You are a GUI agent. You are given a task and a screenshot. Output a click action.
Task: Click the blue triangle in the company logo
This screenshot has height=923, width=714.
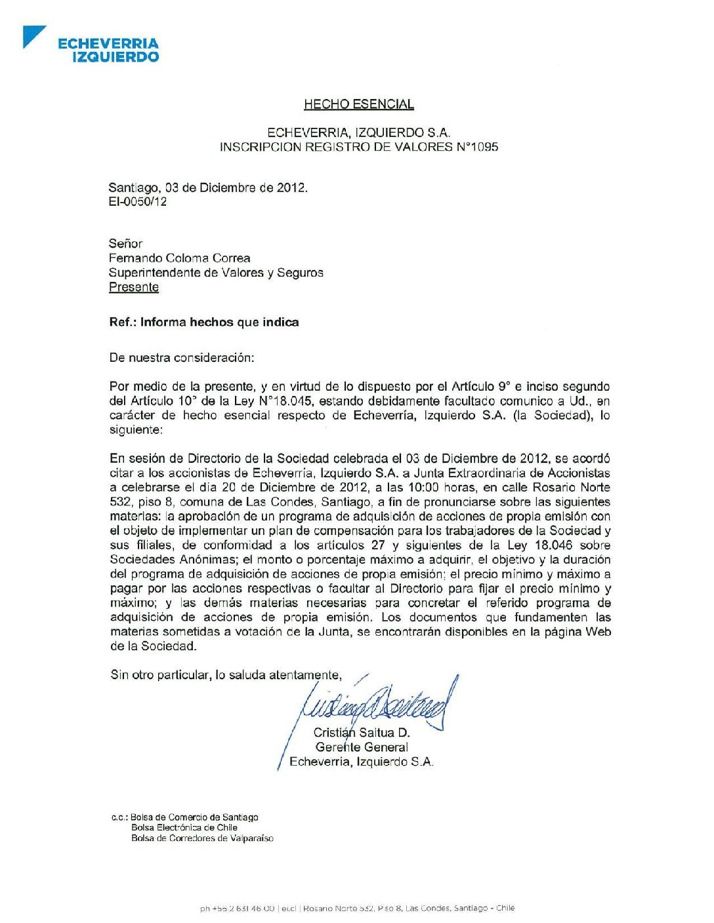pyautogui.click(x=32, y=35)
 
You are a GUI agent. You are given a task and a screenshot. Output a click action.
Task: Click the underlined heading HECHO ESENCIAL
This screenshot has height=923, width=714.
pyautogui.click(x=358, y=104)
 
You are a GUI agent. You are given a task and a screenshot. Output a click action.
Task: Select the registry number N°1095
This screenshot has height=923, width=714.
pyautogui.click(x=477, y=147)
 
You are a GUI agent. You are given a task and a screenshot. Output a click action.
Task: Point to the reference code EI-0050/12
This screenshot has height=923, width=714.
pyautogui.click(x=138, y=202)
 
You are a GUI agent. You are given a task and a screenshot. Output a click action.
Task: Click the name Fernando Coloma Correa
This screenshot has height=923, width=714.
pyautogui.click(x=179, y=258)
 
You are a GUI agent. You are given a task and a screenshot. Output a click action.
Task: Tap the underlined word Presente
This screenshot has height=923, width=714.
pyautogui.click(x=134, y=287)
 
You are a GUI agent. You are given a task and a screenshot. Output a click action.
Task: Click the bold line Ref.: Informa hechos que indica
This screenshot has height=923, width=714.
pyautogui.click(x=203, y=323)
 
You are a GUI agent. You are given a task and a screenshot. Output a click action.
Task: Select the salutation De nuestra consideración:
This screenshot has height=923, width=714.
pyautogui.click(x=181, y=358)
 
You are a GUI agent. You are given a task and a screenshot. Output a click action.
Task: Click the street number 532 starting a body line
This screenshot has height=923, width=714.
pyautogui.click(x=121, y=502)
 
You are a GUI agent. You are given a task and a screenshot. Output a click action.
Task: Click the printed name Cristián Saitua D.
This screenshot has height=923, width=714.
pyautogui.click(x=362, y=733)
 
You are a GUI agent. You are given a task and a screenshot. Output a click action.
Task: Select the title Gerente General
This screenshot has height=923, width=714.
pyautogui.click(x=362, y=747)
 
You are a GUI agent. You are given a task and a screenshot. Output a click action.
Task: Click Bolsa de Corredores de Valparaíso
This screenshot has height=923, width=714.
pyautogui.click(x=202, y=838)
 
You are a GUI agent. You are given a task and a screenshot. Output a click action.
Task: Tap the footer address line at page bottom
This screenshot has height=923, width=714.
pyautogui.click(x=357, y=909)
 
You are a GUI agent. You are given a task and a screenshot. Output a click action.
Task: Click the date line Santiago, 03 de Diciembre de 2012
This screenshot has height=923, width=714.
pyautogui.click(x=208, y=187)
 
